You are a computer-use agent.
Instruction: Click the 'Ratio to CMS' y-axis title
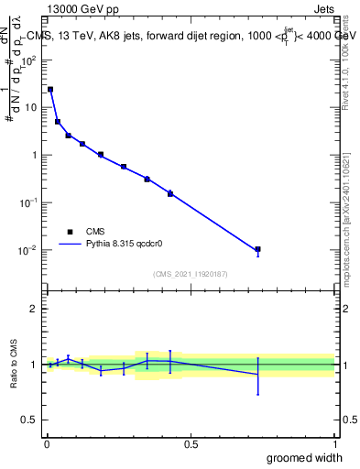(x=15, y=365)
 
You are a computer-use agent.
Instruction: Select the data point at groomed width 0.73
(x=258, y=249)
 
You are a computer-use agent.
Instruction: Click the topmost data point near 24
(x=50, y=90)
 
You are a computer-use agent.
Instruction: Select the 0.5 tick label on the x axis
(x=191, y=443)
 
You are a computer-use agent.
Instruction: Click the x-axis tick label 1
(x=334, y=443)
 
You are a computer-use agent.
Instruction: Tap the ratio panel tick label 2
(x=34, y=309)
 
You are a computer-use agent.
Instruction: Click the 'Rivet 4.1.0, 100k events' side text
(x=345, y=56)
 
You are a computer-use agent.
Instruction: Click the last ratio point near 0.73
(x=258, y=374)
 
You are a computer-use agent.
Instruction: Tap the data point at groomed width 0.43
(x=170, y=193)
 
